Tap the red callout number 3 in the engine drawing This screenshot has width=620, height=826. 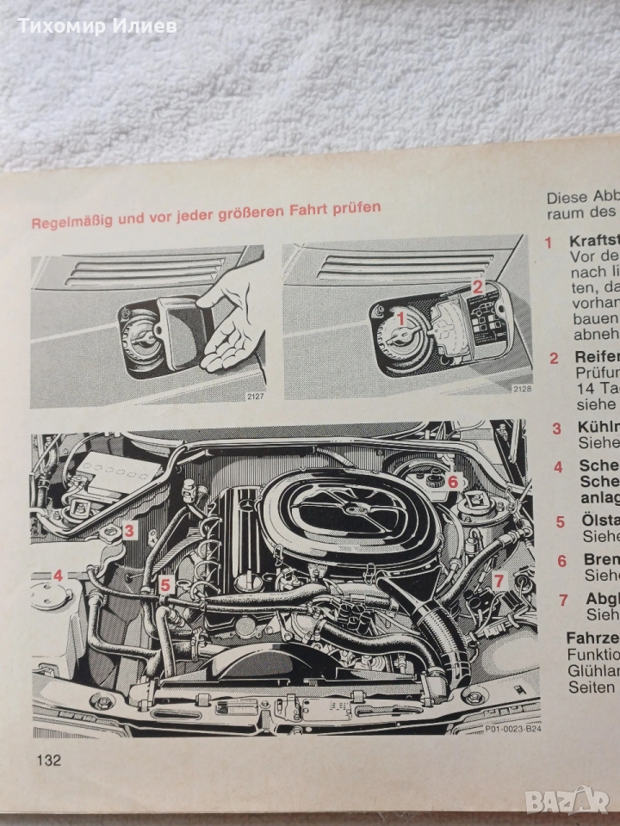127,531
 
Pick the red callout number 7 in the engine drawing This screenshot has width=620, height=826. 498,580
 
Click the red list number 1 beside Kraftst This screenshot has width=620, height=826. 549,243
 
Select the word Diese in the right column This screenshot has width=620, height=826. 566,196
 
